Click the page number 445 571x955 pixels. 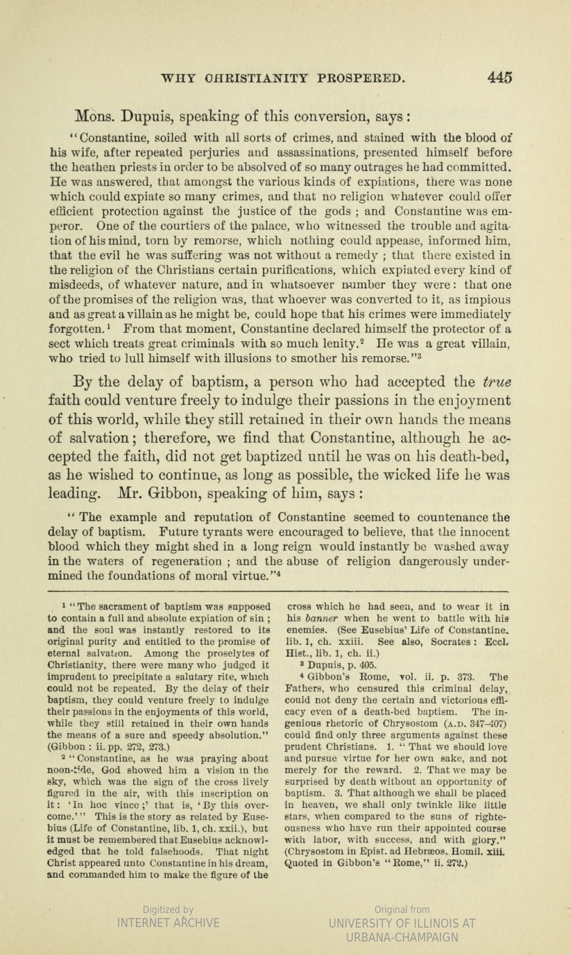point(499,77)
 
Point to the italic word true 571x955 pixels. point(497,383)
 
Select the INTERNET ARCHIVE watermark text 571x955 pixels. point(168,923)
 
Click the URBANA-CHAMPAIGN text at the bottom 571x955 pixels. point(402,937)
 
